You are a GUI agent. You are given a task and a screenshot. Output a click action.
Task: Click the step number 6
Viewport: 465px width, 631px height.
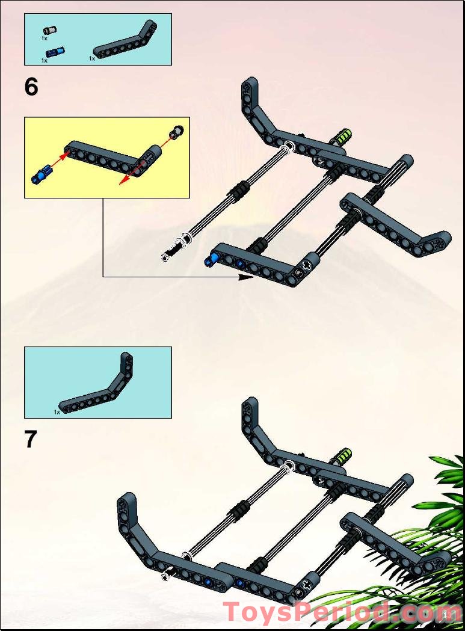click(31, 87)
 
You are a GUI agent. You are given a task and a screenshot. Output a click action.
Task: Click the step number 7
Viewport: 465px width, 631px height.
click(31, 439)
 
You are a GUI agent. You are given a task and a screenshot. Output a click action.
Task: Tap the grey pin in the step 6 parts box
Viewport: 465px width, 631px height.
click(51, 30)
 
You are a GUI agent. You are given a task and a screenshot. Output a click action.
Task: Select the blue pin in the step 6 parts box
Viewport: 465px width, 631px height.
click(55, 52)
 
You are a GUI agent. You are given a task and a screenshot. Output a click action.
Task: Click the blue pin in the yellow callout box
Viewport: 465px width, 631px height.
click(42, 174)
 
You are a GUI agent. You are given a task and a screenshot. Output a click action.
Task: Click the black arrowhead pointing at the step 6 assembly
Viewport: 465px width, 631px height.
click(247, 277)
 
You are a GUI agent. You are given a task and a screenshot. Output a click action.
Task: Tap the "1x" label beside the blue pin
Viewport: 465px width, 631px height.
click(45, 61)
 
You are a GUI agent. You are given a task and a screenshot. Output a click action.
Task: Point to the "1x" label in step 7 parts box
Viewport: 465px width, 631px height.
click(57, 412)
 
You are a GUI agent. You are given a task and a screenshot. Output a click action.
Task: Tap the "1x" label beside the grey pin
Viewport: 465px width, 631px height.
click(45, 38)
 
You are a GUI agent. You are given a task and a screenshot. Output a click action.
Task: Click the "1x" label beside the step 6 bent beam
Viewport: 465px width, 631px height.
click(92, 59)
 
